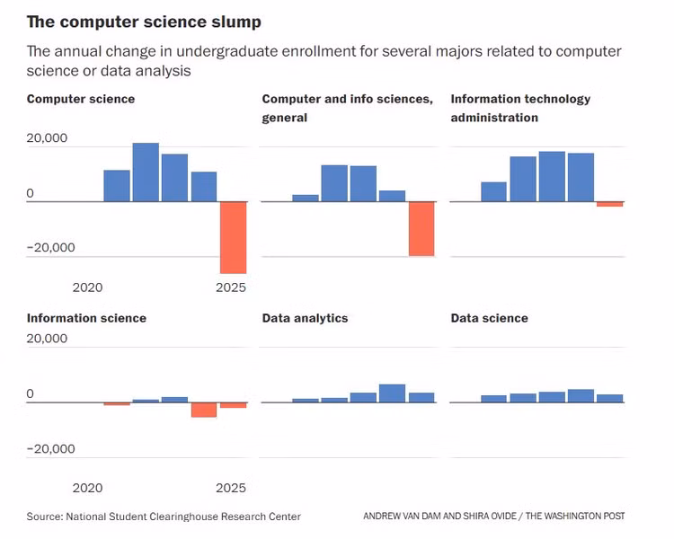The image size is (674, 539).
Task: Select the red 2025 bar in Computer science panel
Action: point(233,237)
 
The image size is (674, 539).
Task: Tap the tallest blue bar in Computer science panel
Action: point(146,172)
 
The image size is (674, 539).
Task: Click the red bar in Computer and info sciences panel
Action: point(421,229)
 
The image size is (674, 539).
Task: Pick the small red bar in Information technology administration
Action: point(609,205)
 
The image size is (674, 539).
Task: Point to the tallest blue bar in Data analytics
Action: point(392,393)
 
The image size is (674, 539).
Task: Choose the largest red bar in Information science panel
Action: point(204,410)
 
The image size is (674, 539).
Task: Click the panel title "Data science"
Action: point(489,318)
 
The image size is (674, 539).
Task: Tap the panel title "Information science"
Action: point(86,318)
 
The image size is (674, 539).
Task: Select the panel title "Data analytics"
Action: point(305,318)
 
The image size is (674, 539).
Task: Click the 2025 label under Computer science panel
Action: point(231,287)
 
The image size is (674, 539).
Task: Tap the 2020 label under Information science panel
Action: point(87,488)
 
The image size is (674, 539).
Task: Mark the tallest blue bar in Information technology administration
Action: point(552,176)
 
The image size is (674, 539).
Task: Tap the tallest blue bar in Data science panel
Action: point(581,395)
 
